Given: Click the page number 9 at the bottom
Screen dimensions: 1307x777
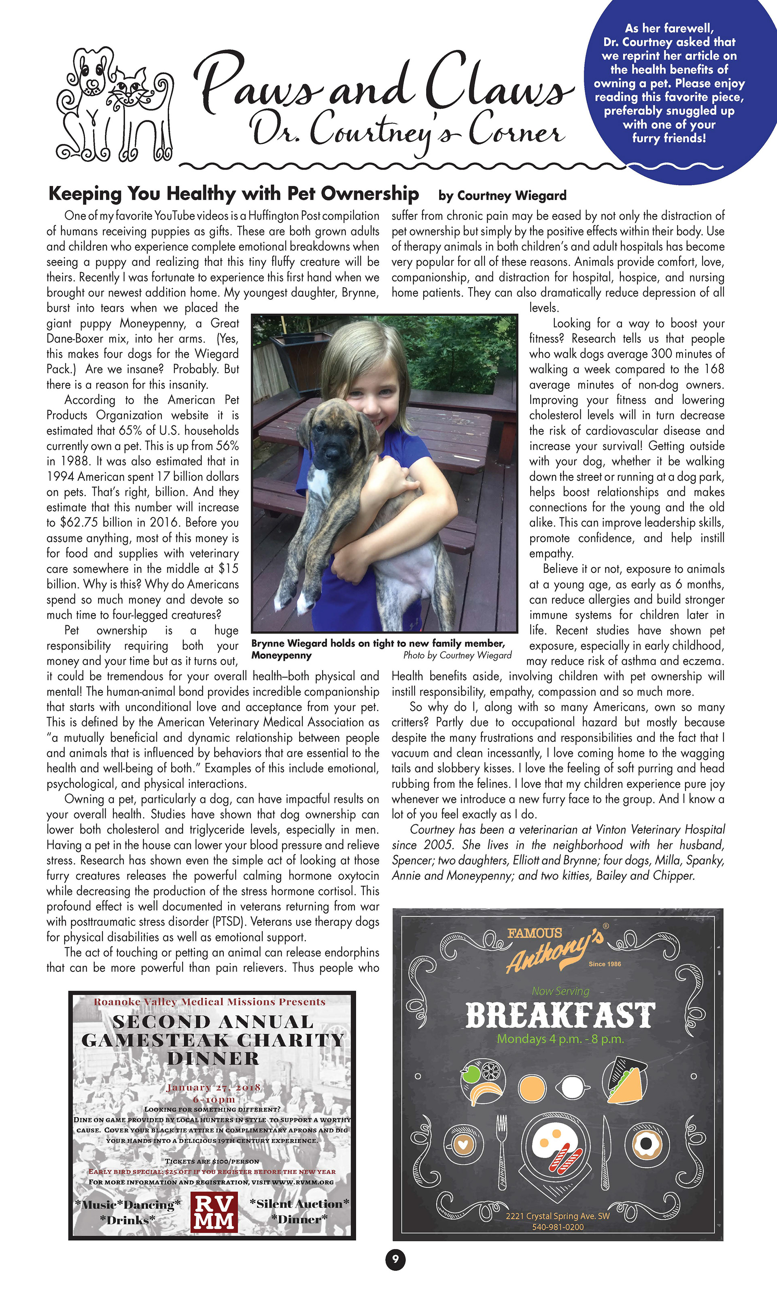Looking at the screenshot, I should tap(395, 1259).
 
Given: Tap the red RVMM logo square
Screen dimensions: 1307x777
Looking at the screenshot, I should tap(214, 1212).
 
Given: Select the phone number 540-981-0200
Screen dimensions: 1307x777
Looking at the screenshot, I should tap(558, 1227).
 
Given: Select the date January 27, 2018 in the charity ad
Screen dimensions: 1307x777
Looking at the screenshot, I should tap(213, 1087).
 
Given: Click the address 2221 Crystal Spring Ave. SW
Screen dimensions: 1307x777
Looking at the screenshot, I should tap(558, 1216).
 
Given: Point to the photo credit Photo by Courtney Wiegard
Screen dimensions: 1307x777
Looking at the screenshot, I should tap(457, 655).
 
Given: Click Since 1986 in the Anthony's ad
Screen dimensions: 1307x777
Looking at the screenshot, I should tap(605, 964).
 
